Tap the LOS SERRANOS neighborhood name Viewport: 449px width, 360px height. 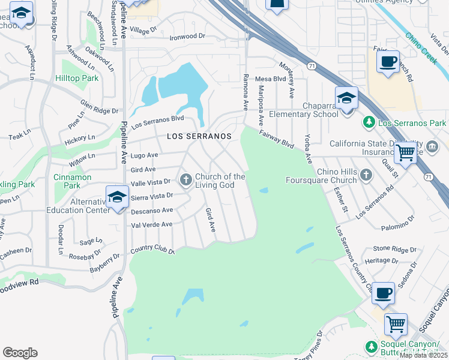coord(199,136)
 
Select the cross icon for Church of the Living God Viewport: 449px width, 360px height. coord(186,179)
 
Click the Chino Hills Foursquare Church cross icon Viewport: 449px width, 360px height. coord(366,175)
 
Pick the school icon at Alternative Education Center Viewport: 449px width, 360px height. coord(118,197)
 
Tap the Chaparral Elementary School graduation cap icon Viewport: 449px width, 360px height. coord(346,98)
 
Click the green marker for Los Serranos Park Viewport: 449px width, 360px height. coord(369,122)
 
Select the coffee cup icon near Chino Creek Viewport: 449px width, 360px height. coord(388,61)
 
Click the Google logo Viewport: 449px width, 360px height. coord(20,353)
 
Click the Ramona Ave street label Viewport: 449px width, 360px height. coord(246,92)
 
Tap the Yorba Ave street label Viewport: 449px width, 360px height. coord(309,149)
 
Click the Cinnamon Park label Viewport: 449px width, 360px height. coord(72,181)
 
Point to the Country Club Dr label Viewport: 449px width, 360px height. coord(152,249)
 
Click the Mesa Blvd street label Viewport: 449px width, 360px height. coord(270,79)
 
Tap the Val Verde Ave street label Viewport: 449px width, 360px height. coord(152,224)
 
